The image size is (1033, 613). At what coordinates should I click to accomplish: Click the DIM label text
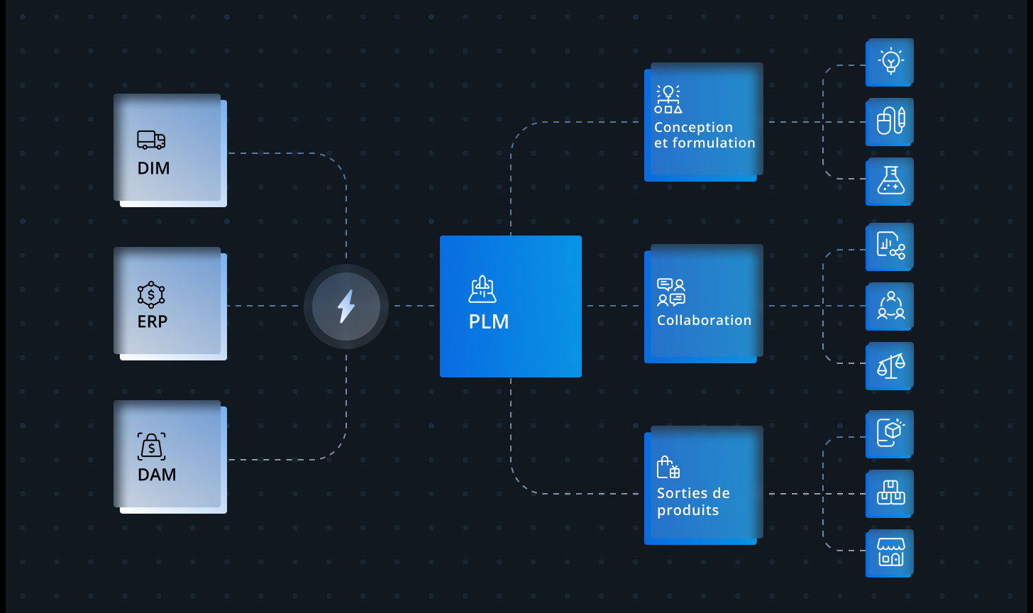click(x=153, y=168)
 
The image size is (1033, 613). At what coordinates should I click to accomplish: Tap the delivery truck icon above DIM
click(x=151, y=140)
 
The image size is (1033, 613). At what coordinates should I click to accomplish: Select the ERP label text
click(x=152, y=321)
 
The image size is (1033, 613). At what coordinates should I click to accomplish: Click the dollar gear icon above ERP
click(x=151, y=294)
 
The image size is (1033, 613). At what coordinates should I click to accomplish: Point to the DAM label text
click(x=157, y=475)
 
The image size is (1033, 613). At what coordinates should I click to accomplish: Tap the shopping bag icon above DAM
click(x=151, y=446)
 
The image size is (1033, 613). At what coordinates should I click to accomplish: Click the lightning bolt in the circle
click(x=346, y=306)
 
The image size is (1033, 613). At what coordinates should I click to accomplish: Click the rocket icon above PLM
click(x=482, y=289)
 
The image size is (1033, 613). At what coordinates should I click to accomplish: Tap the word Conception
click(x=693, y=127)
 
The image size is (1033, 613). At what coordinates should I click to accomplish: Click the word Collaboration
click(x=704, y=320)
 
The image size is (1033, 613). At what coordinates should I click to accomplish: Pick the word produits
click(x=687, y=511)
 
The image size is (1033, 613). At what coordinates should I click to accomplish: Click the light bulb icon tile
click(x=890, y=62)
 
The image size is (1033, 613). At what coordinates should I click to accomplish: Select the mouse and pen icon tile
click(x=890, y=122)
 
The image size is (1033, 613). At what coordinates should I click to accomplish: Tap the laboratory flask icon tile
click(x=890, y=181)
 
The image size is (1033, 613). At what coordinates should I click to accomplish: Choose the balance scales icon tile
click(x=890, y=366)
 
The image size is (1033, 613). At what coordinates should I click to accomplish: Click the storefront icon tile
click(x=890, y=553)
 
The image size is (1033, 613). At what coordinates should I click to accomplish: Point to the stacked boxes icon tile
click(x=890, y=494)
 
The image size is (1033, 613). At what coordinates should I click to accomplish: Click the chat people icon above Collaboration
click(x=671, y=292)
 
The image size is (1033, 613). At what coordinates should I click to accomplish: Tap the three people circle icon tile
click(x=890, y=306)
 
